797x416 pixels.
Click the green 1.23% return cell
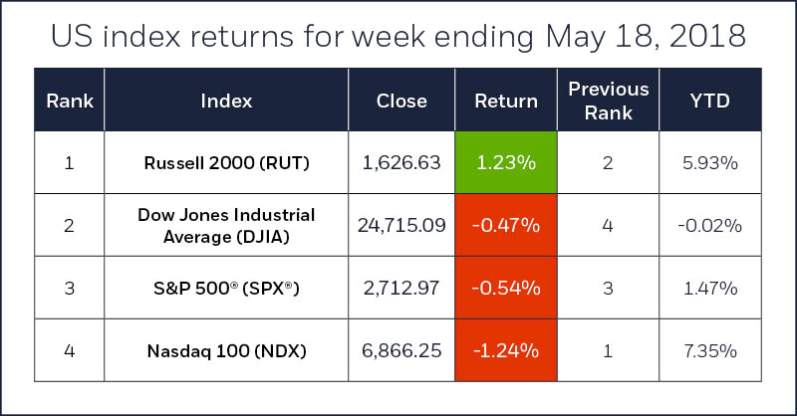[505, 162]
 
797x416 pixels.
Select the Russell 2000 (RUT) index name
[226, 162]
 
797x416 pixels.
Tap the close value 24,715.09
[401, 225]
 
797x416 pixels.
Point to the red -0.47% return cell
[505, 225]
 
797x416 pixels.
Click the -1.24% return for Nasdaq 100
[505, 350]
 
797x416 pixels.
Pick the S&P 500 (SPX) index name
[226, 289]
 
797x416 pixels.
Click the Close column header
[401, 101]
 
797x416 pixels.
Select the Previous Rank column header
[608, 101]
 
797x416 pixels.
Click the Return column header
[505, 101]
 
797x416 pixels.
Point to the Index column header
[226, 101]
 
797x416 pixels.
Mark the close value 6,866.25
[401, 350]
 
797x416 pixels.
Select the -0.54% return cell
[505, 289]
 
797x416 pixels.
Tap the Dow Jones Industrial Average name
[226, 225]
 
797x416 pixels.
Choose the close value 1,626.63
[401, 162]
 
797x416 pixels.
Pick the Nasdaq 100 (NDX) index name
[226, 350]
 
